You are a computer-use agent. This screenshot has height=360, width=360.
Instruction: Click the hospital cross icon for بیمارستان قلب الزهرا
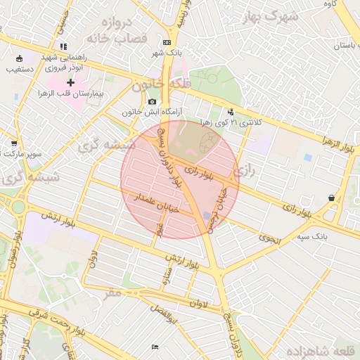70,83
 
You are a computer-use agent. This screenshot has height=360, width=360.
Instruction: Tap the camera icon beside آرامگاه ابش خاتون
153,101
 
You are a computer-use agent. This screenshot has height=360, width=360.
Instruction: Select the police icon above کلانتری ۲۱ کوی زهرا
231,112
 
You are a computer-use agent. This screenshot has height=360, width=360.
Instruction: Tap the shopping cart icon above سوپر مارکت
14,143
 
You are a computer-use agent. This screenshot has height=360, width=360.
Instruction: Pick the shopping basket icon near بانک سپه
331,198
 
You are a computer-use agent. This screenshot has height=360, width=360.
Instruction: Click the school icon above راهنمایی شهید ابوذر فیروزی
64,47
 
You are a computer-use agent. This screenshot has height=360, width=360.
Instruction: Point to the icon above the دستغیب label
18,59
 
